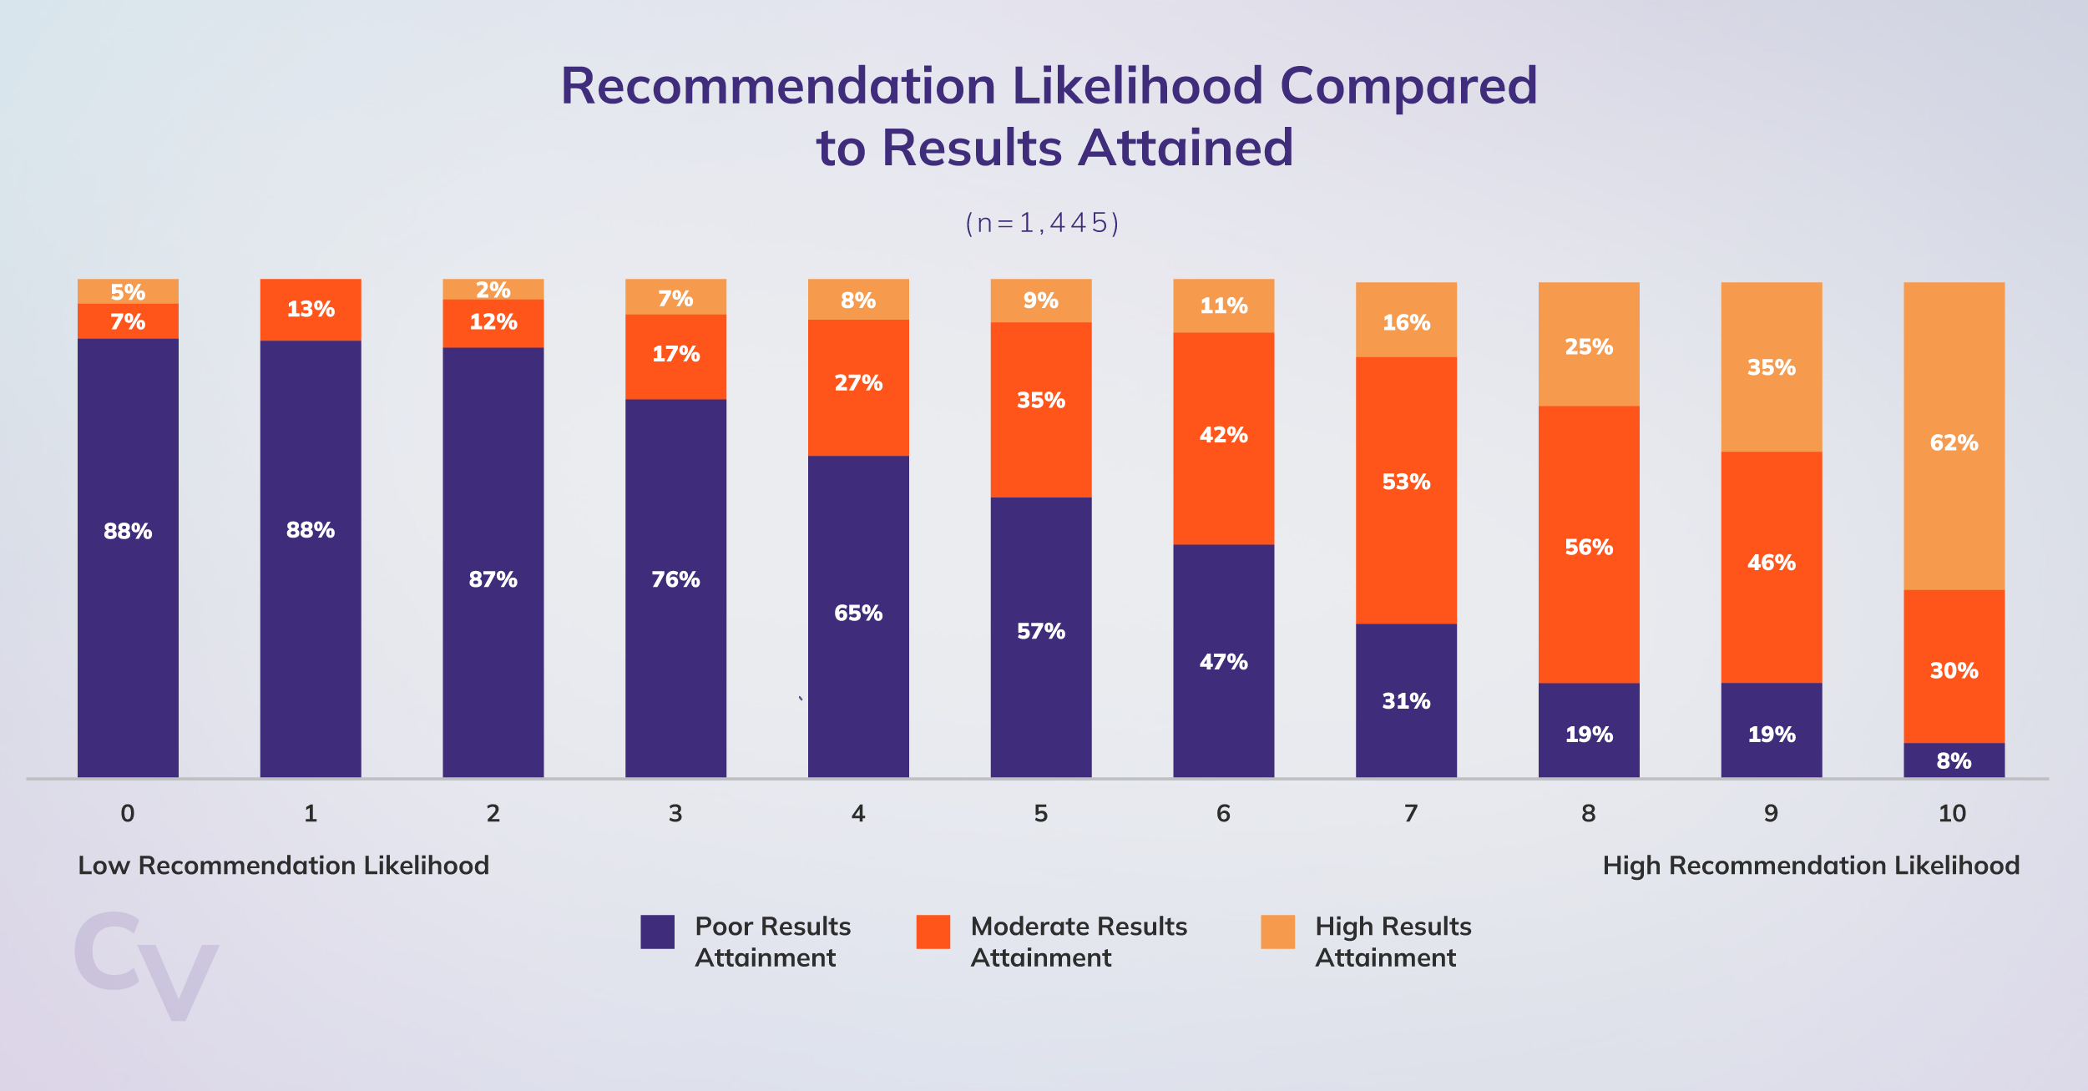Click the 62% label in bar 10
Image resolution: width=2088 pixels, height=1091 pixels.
click(x=1953, y=442)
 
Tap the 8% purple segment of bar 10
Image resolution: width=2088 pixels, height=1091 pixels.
click(x=1953, y=760)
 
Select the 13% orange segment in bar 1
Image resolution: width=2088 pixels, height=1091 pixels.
click(x=311, y=310)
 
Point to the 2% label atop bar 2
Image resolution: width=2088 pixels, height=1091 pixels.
click(x=493, y=290)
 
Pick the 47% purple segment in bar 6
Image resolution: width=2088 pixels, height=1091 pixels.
click(x=1223, y=661)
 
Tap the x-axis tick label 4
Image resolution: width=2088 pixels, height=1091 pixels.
click(x=857, y=813)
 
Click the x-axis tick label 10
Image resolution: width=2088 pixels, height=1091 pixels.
click(x=1952, y=813)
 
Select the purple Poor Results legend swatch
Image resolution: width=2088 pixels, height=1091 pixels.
click(x=657, y=932)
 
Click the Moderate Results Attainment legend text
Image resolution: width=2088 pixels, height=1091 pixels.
click(x=1078, y=942)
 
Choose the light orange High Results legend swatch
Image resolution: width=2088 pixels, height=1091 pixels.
click(x=1277, y=932)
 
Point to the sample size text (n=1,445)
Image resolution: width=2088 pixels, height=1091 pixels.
click(x=1042, y=223)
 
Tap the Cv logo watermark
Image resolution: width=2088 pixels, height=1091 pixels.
click(x=146, y=966)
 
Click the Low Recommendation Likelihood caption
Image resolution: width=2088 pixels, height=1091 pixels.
click(x=283, y=866)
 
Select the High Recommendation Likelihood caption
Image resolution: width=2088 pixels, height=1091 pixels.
click(x=1811, y=866)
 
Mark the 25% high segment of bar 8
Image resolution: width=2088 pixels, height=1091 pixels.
click(x=1588, y=345)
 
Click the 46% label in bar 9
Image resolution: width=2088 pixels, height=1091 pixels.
click(x=1771, y=563)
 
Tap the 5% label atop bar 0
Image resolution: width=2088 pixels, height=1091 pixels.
click(x=128, y=292)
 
